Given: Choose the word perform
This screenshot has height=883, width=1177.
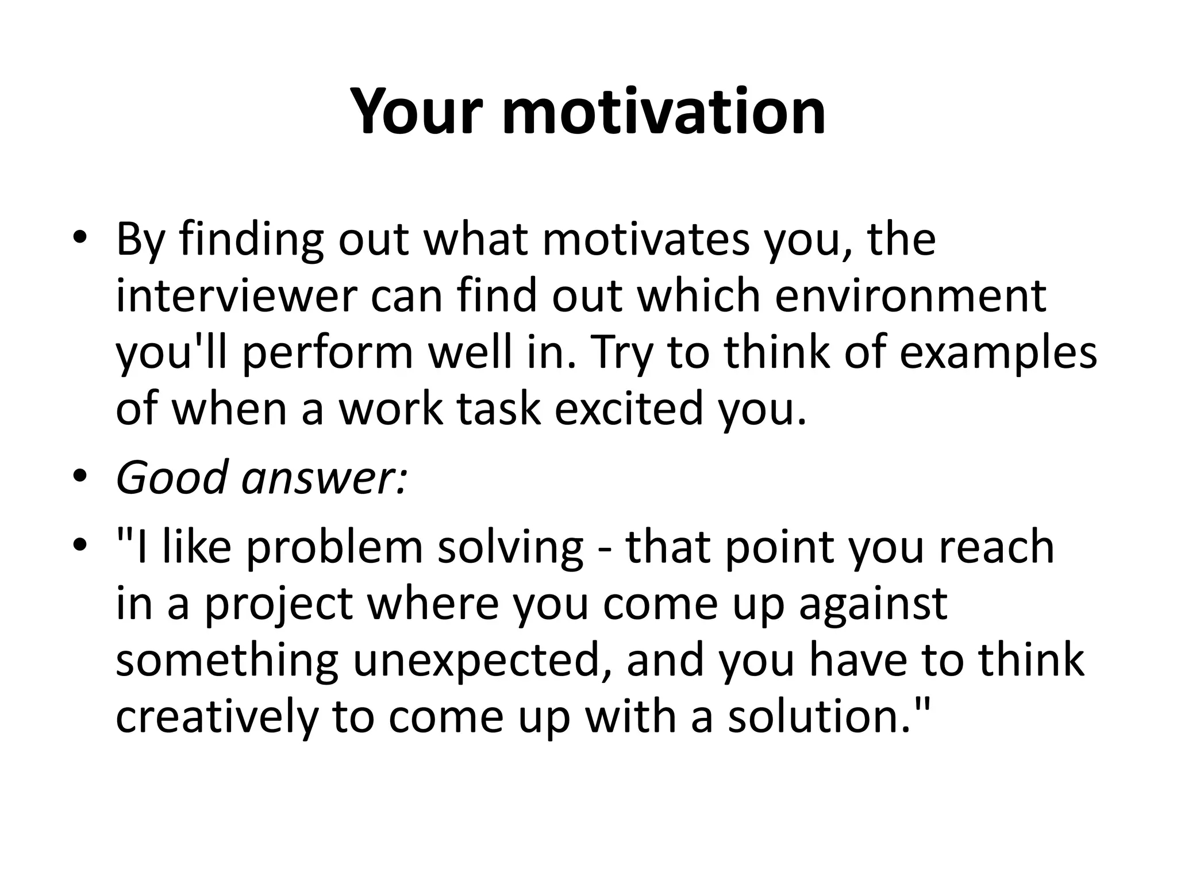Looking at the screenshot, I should coord(328,352).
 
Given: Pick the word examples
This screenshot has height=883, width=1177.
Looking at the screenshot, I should coord(998,352).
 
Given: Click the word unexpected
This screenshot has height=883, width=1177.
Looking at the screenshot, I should coord(483,660).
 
